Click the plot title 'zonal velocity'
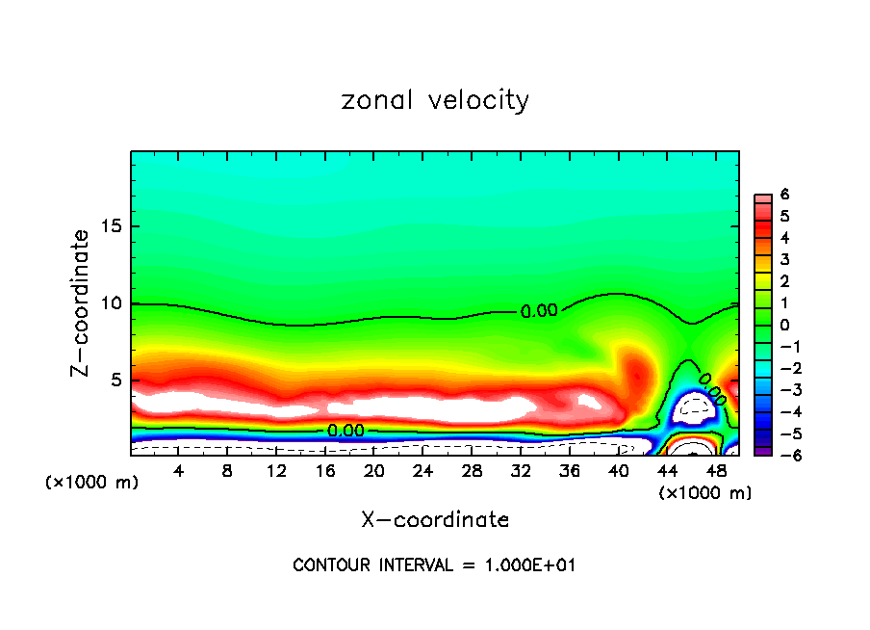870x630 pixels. click(x=435, y=100)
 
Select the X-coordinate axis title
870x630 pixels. click(x=435, y=520)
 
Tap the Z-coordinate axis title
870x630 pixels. click(x=85, y=302)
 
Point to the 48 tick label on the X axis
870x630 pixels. click(x=716, y=471)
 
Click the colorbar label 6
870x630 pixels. click(x=784, y=195)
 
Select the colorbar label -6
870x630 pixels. click(x=781, y=455)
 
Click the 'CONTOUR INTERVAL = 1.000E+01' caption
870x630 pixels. click(x=434, y=565)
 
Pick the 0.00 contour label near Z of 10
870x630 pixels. click(x=539, y=311)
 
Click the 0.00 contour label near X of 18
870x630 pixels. click(x=345, y=431)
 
